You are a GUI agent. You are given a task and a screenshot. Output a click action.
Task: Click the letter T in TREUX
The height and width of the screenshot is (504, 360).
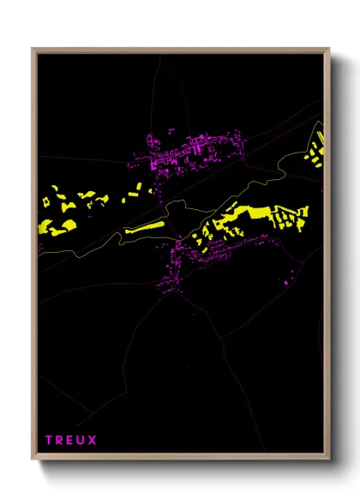click(50, 441)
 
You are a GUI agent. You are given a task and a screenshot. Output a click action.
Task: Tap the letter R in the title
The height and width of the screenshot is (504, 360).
click(60, 441)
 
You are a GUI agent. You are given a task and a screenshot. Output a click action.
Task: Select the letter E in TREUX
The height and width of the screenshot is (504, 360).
click(70, 441)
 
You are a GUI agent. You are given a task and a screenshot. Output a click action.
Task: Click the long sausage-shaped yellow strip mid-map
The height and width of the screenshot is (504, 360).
click(142, 228)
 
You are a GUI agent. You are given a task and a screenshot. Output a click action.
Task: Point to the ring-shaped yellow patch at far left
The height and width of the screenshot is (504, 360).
click(67, 207)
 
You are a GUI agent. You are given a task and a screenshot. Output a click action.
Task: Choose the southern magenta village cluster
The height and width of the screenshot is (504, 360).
click(193, 257)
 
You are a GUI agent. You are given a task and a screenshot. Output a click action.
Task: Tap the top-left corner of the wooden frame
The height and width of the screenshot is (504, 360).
click(33, 50)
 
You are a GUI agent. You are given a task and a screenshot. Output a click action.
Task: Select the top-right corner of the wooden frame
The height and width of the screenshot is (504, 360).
click(329, 50)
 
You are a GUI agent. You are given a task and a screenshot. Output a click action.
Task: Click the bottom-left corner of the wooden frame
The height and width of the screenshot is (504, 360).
click(33, 459)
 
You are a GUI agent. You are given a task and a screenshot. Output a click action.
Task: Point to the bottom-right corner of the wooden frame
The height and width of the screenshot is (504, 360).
click(329, 459)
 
